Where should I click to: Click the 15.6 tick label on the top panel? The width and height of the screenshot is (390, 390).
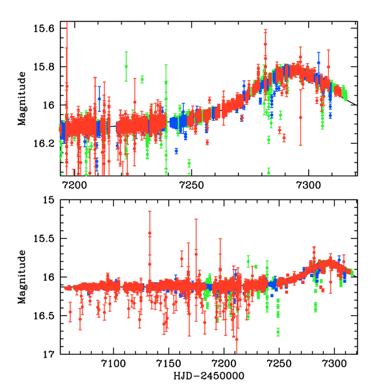46,29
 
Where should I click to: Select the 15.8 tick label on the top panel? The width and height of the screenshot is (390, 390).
46,67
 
